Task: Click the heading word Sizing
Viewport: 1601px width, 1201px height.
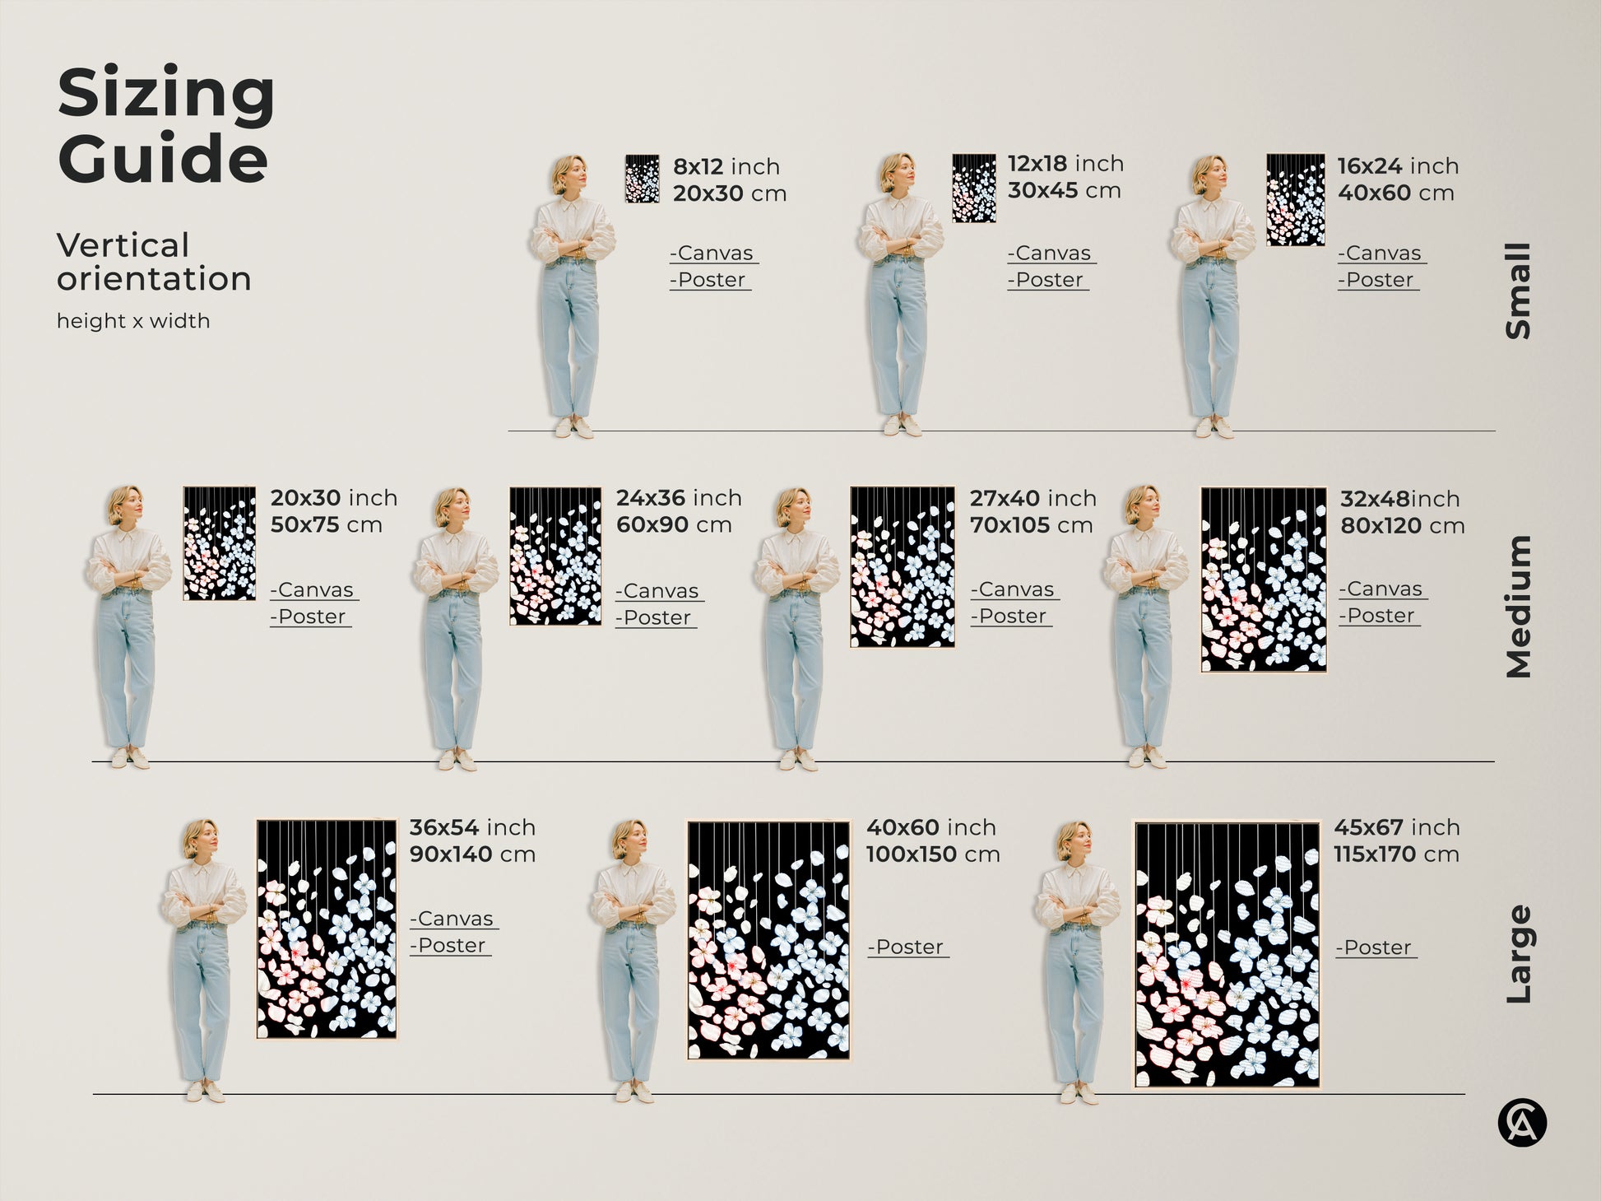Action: pos(165,95)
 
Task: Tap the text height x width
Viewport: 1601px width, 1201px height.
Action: pos(132,321)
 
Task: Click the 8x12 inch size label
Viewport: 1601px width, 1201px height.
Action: pos(726,166)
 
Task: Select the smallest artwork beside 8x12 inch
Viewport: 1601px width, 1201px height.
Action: pos(642,179)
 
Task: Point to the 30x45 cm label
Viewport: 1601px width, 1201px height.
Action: pos(1064,191)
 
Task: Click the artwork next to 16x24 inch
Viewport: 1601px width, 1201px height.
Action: pos(1295,200)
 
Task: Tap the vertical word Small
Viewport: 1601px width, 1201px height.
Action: pos(1517,291)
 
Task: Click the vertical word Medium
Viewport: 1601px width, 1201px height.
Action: pos(1517,607)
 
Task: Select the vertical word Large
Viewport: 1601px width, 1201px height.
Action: pos(1517,954)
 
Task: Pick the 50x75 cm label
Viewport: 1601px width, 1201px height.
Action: pos(326,525)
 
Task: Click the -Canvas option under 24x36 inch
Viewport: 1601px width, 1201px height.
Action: pos(660,591)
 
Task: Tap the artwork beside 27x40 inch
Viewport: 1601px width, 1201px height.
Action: pos(903,566)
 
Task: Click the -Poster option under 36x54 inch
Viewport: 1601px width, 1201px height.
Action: pos(450,946)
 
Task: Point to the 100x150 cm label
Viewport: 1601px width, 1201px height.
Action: pos(932,854)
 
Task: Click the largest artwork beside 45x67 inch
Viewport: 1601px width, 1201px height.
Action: pos(1227,955)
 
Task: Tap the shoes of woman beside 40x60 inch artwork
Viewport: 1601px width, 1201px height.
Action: pos(633,1092)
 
